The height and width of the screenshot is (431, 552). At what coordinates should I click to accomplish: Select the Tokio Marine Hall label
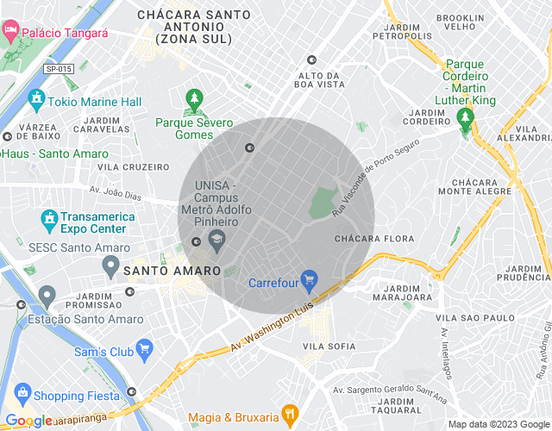(95, 102)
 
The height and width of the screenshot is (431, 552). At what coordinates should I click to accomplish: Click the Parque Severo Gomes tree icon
(194, 101)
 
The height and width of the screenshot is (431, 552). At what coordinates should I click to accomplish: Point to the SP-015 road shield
(58, 69)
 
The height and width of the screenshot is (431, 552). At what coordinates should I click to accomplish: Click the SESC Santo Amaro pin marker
(110, 267)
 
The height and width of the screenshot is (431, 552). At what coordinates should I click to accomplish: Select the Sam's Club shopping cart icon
(144, 351)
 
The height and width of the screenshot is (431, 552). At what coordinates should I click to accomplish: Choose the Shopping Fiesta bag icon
(23, 396)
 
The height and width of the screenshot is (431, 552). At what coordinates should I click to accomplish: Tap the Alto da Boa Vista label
(319, 80)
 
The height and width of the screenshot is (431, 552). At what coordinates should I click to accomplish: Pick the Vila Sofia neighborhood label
(329, 347)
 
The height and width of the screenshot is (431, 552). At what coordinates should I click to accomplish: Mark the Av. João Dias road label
(116, 193)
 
